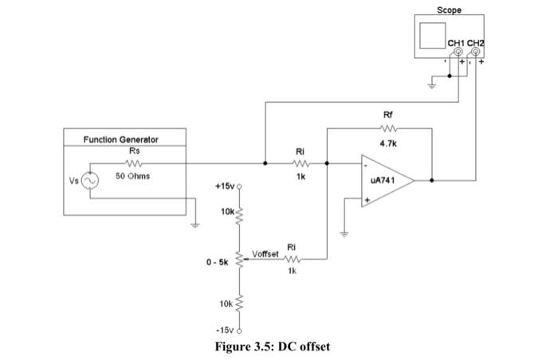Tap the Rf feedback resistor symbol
pyautogui.click(x=388, y=128)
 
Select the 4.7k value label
pyautogui.click(x=388, y=143)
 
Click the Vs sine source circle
pyautogui.click(x=89, y=181)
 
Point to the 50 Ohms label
pyautogui.click(x=133, y=174)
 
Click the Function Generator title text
pyautogui.click(x=121, y=139)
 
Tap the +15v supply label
pyautogui.click(x=225, y=186)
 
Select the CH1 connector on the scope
pyautogui.click(x=458, y=50)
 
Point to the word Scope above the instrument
pyautogui.click(x=449, y=10)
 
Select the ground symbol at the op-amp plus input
pyautogui.click(x=344, y=233)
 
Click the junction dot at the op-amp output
pyautogui.click(x=432, y=181)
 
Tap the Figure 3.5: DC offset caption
pyautogui.click(x=273, y=346)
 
